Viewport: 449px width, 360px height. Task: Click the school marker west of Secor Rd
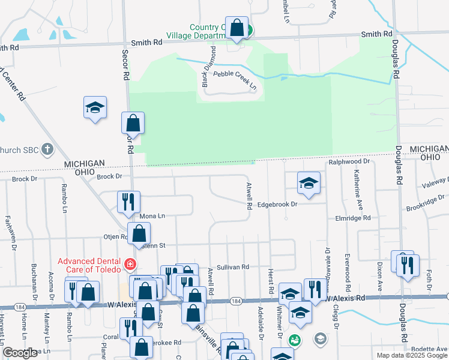coord(95,108)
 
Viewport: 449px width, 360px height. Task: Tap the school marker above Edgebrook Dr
coord(309,183)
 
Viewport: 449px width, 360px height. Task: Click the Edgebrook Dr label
coord(277,205)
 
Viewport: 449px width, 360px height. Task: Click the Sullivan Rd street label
coord(232,266)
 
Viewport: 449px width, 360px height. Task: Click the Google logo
coord(20,353)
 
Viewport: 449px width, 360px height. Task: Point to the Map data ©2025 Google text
coord(412,355)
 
